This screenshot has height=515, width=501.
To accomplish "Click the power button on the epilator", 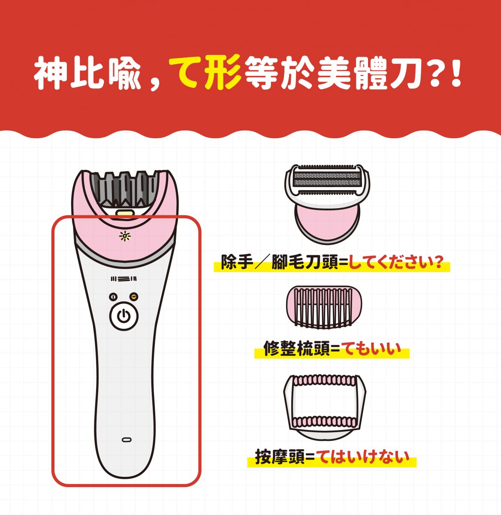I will click(124, 317).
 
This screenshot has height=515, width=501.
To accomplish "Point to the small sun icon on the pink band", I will click(124, 236).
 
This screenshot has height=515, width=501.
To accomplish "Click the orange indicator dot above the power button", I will click(134, 296).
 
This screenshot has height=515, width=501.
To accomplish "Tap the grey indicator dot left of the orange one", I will click(113, 296).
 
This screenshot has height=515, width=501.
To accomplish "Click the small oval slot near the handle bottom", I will click(126, 439).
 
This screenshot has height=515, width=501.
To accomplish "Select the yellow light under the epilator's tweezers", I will click(124, 212).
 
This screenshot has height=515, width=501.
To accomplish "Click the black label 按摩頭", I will click(281, 457).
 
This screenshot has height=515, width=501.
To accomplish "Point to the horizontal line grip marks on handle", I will click(124, 279).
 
